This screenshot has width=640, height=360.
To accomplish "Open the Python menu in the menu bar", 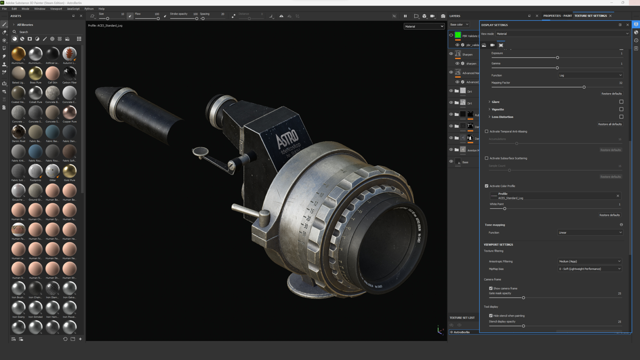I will point(89,9).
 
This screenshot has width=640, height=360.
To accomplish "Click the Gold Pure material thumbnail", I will point(69,171).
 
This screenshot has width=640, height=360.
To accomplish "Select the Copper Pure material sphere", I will point(69,113).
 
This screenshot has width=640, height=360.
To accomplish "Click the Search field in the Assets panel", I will point(45,32).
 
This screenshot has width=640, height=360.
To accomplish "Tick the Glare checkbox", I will point(621,102).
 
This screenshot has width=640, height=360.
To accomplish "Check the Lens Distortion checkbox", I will point(621,117).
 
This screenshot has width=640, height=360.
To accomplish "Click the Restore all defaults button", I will point(610,124).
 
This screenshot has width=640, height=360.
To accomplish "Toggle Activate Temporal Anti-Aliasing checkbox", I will point(487,132).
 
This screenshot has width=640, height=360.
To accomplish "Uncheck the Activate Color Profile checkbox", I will point(487,186).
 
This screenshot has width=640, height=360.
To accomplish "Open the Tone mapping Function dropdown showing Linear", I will point(590,233).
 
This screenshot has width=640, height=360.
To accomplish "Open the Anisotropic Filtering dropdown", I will point(589,261).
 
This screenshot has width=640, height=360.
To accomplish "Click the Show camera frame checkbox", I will point(491,288).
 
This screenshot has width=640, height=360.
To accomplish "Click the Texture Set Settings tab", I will point(590,16).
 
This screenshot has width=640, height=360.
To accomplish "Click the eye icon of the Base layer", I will point(451,162).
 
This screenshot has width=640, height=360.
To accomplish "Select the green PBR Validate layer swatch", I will point(458,35).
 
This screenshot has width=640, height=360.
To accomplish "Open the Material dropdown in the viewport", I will point(424,27).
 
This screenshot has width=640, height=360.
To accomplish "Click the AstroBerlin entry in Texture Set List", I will point(462,332).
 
